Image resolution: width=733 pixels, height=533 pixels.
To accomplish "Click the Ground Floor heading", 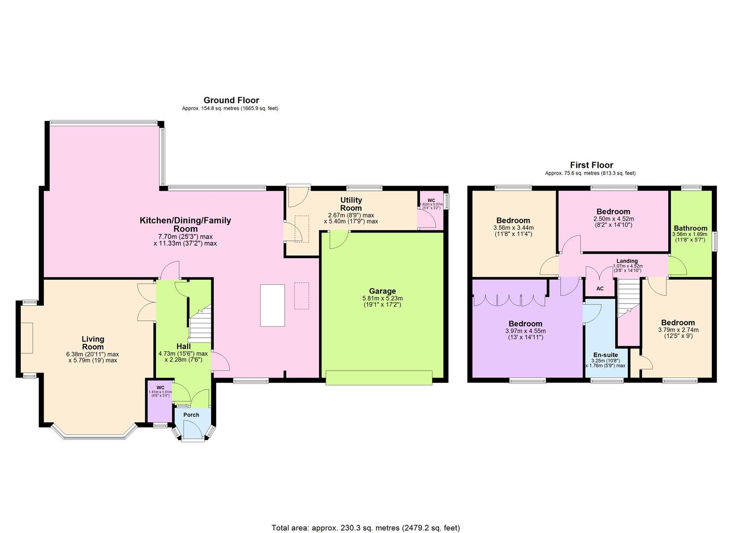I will (231, 100).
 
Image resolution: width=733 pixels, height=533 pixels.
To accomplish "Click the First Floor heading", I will (591, 165).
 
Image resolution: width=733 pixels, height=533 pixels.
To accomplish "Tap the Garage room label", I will (382, 291).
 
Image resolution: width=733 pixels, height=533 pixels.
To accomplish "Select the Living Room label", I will (93, 343).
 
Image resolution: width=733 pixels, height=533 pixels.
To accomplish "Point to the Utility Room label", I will (351, 204).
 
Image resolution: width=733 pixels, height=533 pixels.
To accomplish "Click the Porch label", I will (191, 415).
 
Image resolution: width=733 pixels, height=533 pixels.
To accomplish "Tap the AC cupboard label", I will (600, 289).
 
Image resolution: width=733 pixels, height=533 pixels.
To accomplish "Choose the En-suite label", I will (605, 355).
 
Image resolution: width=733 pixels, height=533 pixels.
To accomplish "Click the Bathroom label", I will (690, 228).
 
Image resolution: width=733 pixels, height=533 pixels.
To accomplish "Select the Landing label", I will (627, 261).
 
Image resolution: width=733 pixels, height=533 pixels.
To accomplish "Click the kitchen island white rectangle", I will (272, 305).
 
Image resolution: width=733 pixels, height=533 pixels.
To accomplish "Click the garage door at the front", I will (379, 378).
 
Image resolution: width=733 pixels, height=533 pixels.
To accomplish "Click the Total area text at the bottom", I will (366, 528).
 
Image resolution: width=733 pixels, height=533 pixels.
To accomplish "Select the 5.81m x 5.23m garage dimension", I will (382, 298).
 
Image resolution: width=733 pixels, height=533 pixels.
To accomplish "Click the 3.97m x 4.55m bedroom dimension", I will (525, 331).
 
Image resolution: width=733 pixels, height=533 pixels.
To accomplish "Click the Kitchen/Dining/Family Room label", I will (185, 224).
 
